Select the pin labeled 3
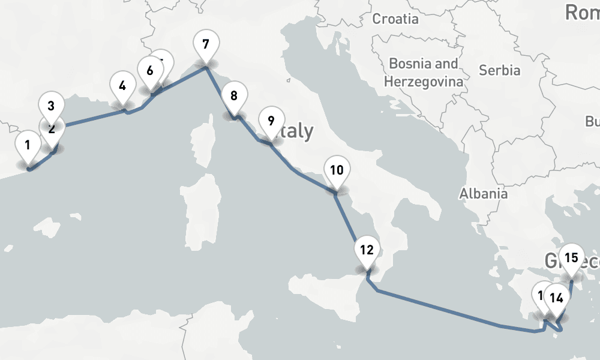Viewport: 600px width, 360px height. click(x=51, y=106)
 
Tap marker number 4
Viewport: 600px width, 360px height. click(x=122, y=86)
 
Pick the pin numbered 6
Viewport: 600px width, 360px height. click(x=150, y=71)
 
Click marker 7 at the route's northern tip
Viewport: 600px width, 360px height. click(x=206, y=45)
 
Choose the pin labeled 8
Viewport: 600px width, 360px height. click(x=233, y=96)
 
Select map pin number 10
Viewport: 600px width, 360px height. click(x=337, y=170)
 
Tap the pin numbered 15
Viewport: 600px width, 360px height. click(x=571, y=259)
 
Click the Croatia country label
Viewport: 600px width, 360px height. click(x=395, y=19)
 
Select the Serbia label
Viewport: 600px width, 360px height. click(x=499, y=70)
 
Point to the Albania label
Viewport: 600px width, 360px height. click(x=483, y=194)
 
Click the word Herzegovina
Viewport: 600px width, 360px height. click(x=424, y=82)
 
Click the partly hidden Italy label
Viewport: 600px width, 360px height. click(x=297, y=131)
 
